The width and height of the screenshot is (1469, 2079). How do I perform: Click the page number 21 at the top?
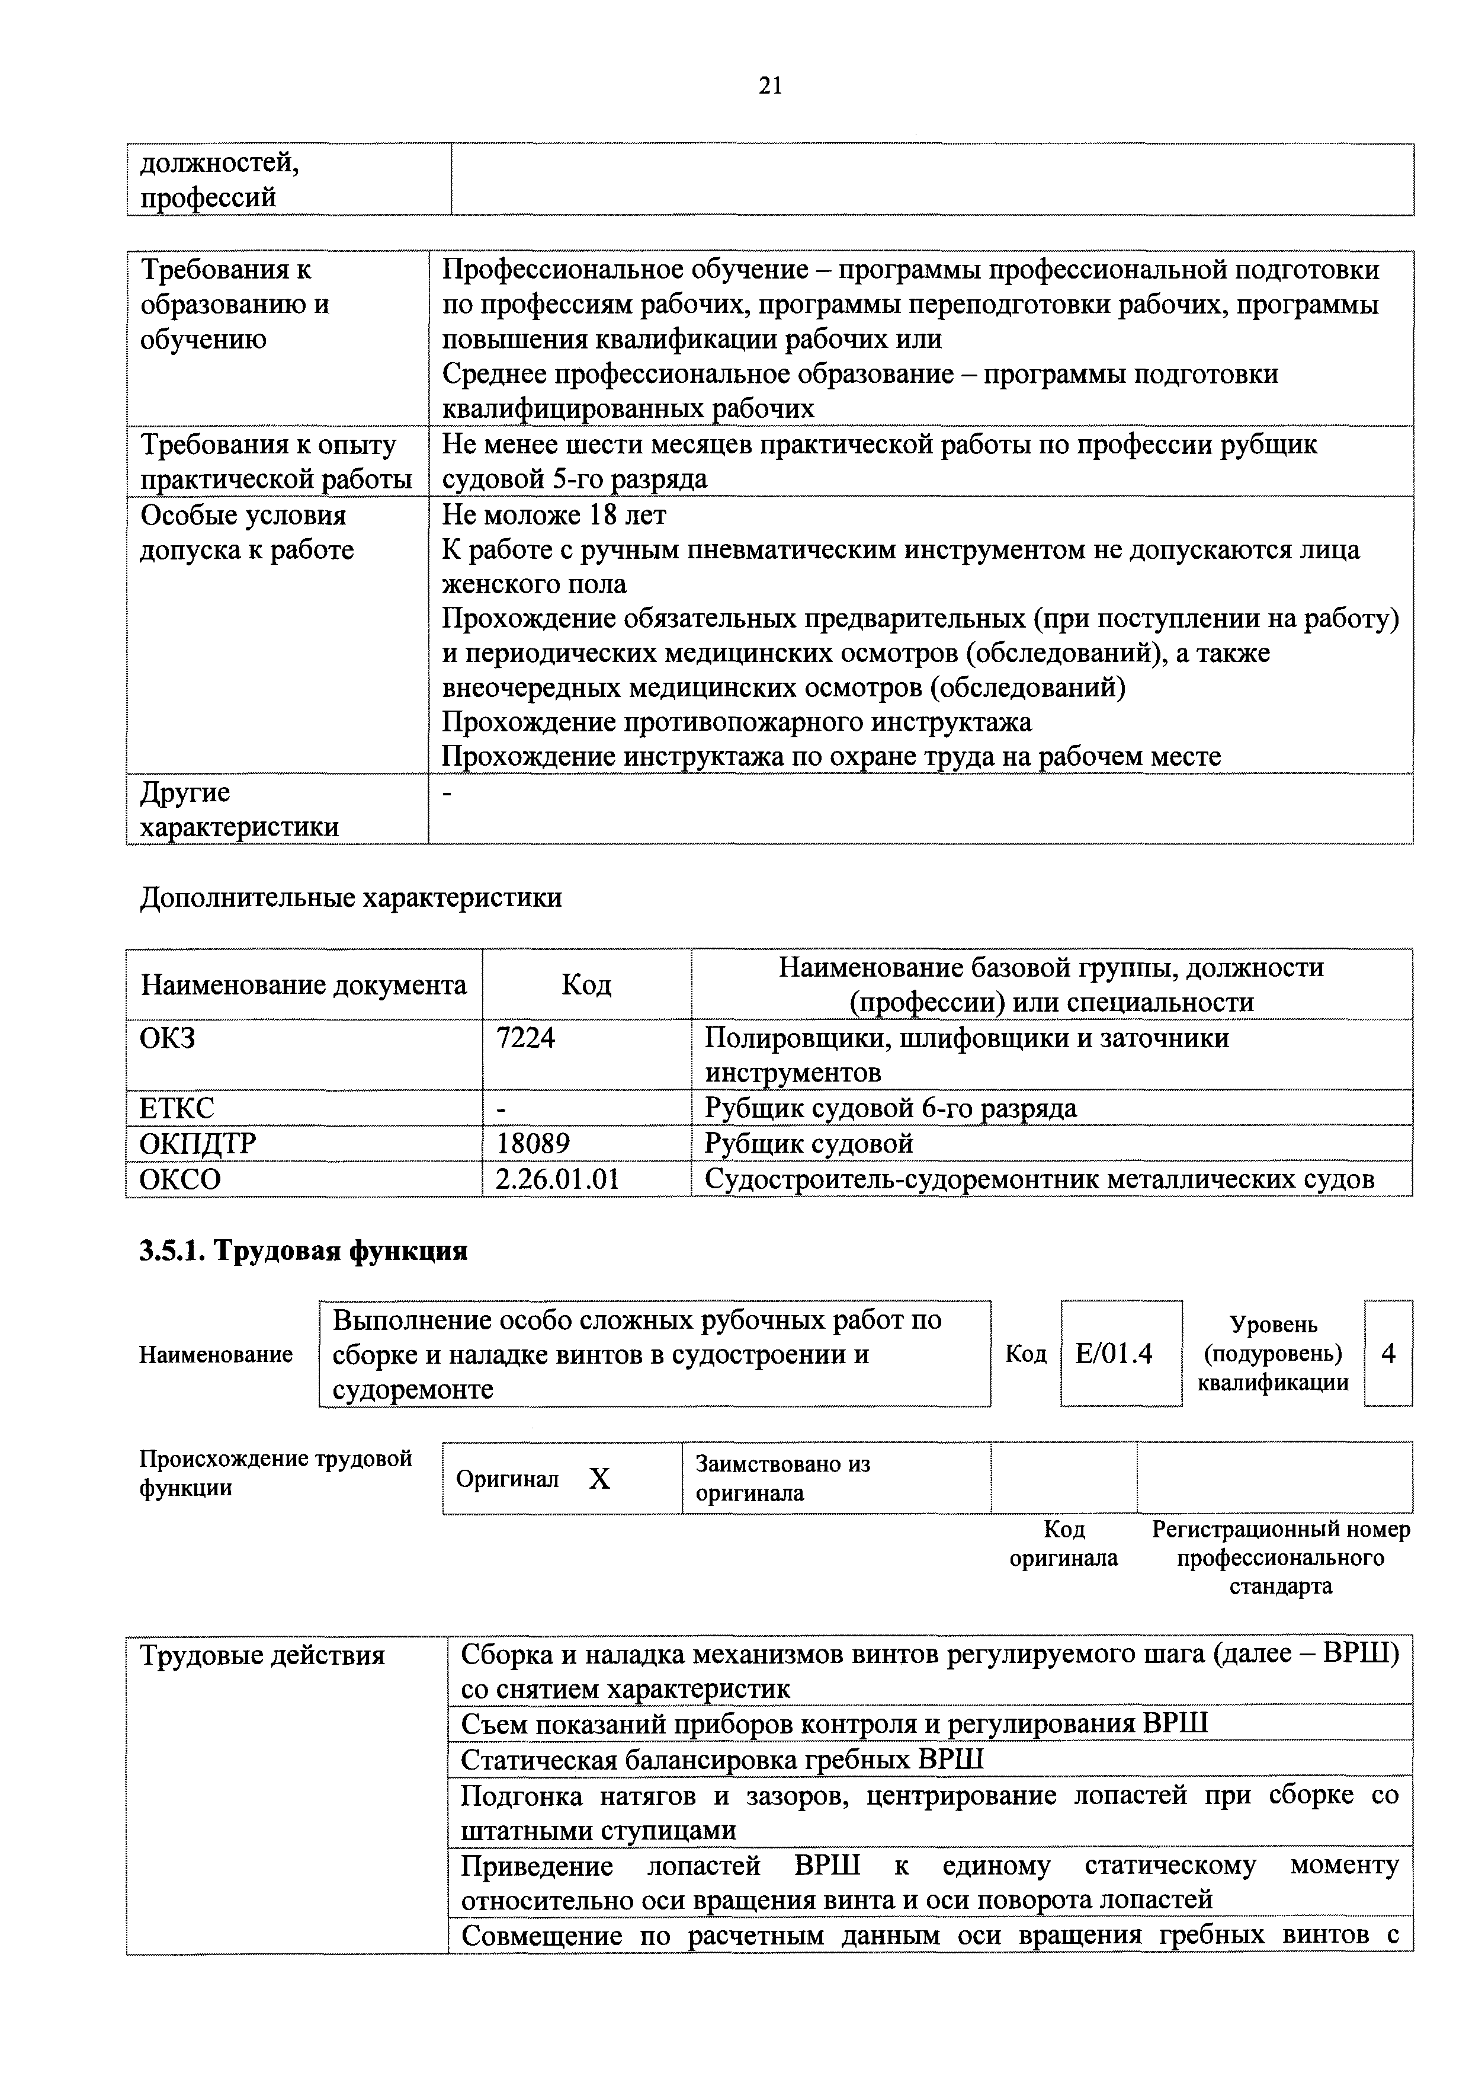point(769,85)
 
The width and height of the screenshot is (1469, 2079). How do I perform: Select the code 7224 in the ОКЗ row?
point(526,1037)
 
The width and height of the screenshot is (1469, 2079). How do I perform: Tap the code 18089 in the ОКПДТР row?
point(533,1144)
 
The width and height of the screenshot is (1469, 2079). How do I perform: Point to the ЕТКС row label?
point(177,1108)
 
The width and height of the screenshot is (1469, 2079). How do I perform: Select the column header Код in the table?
point(586,984)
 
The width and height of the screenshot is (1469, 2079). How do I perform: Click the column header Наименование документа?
point(304,984)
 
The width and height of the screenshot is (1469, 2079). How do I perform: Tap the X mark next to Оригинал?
point(599,1479)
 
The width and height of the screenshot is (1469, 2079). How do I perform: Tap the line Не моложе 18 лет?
point(554,515)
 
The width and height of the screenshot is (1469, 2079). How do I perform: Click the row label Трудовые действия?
point(262,1656)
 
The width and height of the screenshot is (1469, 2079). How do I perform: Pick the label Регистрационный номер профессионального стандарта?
point(1281,1557)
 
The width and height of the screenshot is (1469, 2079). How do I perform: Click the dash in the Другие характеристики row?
point(447,793)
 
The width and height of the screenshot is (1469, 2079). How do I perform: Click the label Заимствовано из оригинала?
point(782,1479)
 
